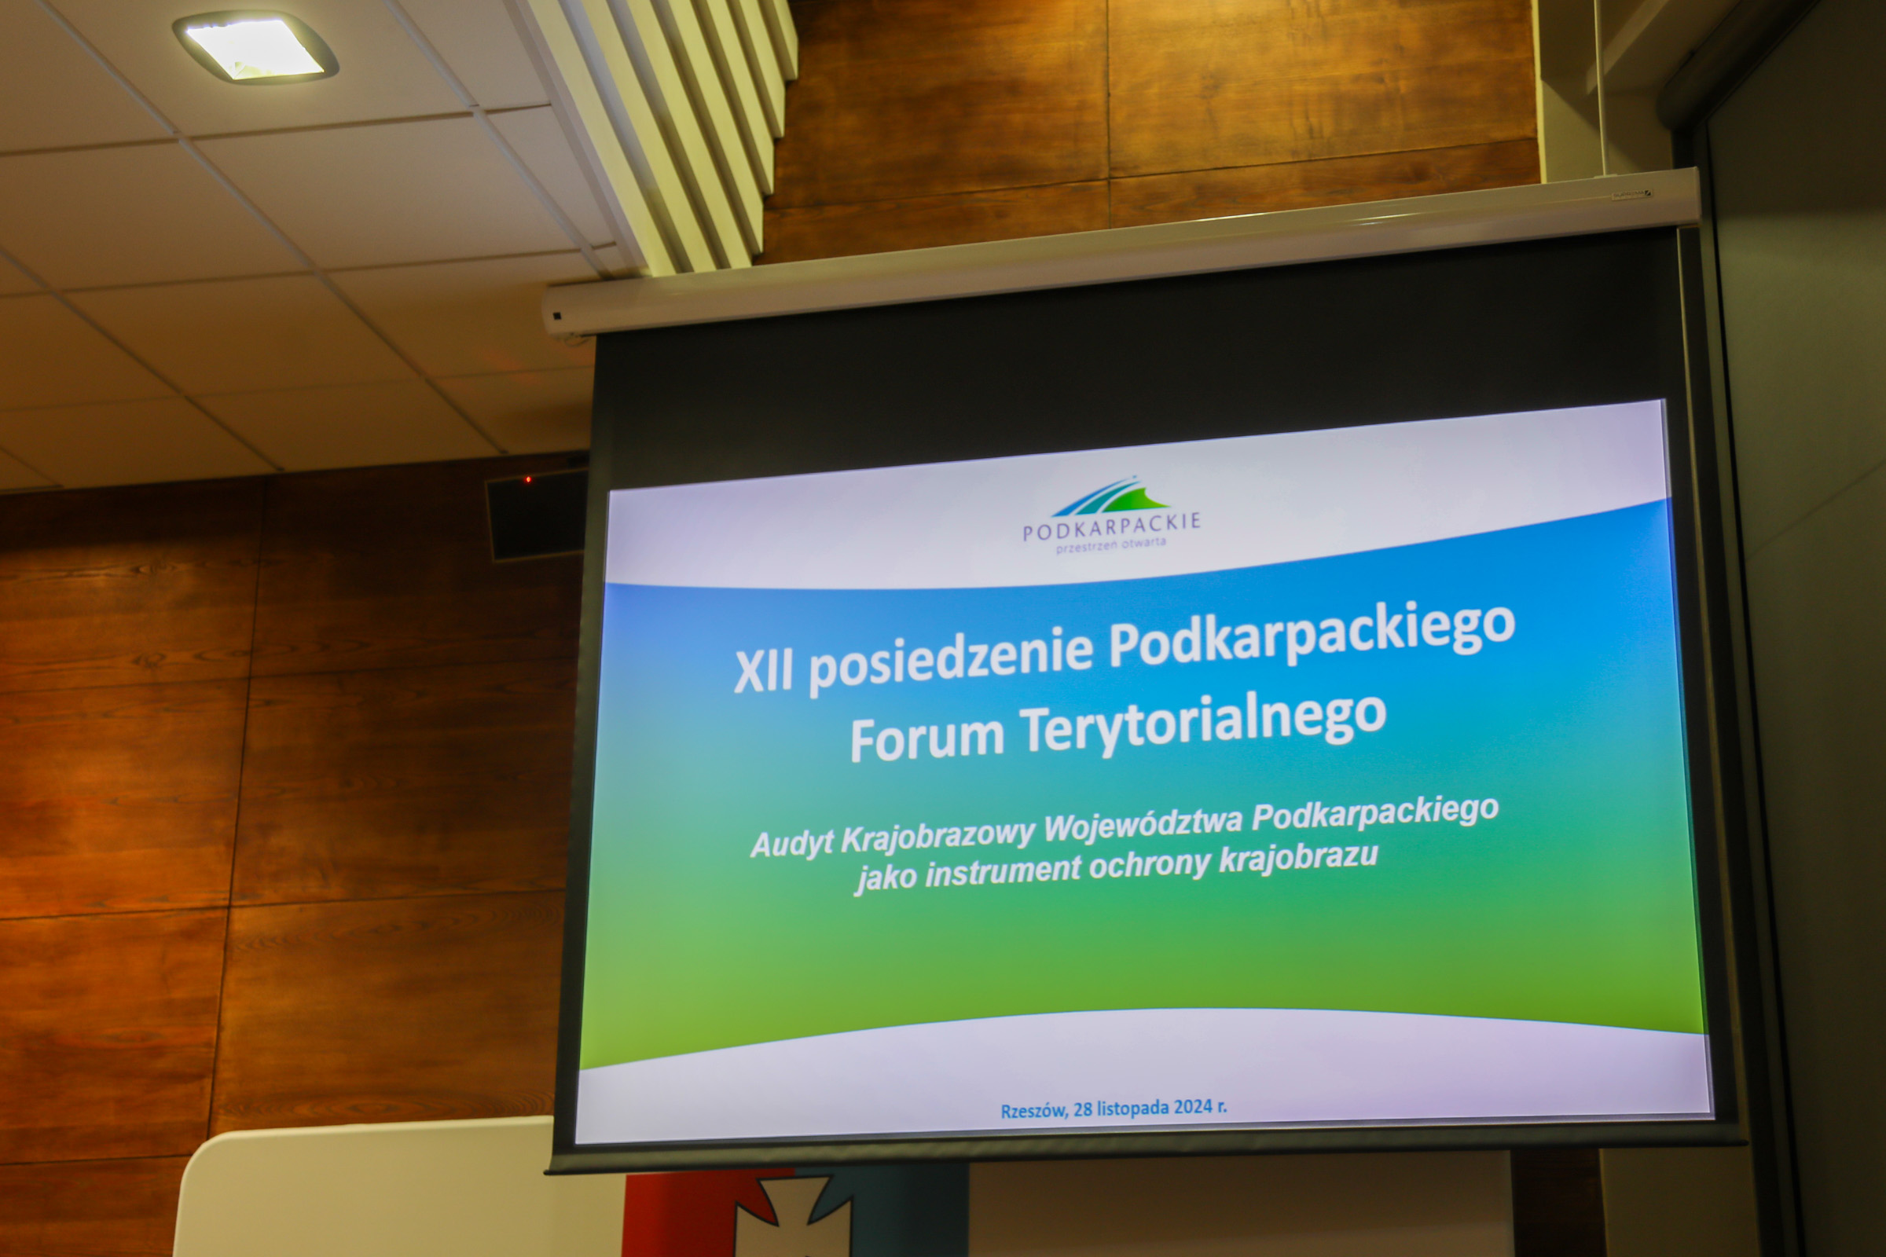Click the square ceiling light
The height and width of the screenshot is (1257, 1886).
(255, 46)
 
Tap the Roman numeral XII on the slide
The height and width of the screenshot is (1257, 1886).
(763, 670)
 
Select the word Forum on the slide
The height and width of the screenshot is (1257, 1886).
(927, 736)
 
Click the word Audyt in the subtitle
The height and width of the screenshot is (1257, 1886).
(791, 844)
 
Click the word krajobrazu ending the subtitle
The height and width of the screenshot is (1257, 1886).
(1298, 858)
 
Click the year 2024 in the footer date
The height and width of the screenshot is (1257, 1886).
(1193, 1107)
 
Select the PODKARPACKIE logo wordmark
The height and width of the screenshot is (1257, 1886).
(1111, 526)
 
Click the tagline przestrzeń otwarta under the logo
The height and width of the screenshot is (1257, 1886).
(1110, 546)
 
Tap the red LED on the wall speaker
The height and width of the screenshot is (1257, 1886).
(527, 479)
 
